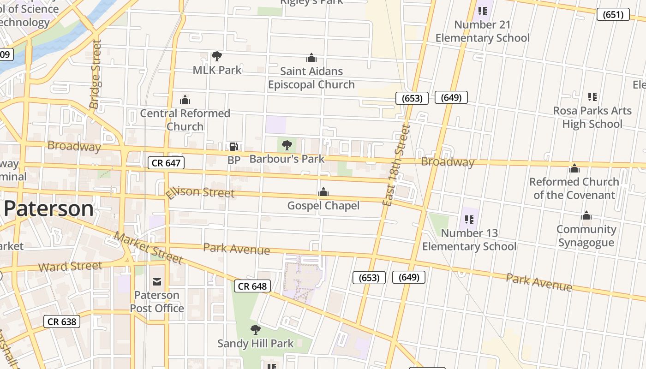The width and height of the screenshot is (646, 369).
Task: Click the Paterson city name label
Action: click(x=48, y=209)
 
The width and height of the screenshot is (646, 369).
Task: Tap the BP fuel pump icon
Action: click(x=234, y=147)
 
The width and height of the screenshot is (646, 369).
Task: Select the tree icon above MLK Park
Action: click(x=217, y=56)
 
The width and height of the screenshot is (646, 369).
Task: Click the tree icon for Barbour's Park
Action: click(x=287, y=145)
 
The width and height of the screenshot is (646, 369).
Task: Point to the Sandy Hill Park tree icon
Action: click(x=255, y=330)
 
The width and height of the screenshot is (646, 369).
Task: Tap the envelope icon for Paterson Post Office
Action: click(x=157, y=281)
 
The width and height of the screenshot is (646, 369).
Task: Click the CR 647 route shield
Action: click(x=166, y=162)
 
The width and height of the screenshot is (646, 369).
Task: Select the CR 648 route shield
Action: click(x=252, y=286)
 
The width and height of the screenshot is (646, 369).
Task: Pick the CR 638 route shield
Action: click(x=62, y=321)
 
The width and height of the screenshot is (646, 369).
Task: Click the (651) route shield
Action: click(x=613, y=14)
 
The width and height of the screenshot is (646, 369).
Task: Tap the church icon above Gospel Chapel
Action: click(x=323, y=192)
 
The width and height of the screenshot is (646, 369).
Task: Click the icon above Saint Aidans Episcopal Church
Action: click(x=311, y=58)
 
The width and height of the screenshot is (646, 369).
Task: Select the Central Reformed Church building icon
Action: click(x=185, y=100)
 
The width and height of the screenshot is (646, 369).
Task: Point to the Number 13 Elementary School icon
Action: click(x=469, y=220)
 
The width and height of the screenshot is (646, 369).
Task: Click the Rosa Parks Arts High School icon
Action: click(x=592, y=97)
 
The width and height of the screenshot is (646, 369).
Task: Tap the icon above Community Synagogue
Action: click(x=586, y=215)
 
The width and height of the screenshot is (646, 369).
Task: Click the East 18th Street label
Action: click(x=396, y=165)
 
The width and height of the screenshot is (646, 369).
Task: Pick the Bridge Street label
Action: click(x=96, y=74)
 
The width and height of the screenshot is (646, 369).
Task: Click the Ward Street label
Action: click(x=70, y=266)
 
